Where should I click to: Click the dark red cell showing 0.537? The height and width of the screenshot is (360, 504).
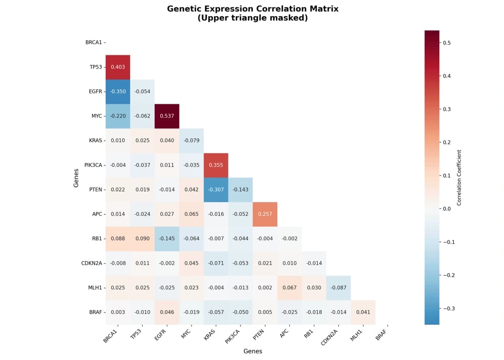tap(167, 116)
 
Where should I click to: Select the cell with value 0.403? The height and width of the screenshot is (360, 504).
tap(118, 67)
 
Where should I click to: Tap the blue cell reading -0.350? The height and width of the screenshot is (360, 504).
tap(118, 92)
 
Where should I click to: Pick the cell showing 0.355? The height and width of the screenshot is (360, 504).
tap(216, 165)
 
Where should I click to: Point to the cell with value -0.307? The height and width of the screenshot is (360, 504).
tap(216, 190)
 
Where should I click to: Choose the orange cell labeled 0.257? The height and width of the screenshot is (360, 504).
tap(265, 214)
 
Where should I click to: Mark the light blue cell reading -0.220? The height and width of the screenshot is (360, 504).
tap(118, 116)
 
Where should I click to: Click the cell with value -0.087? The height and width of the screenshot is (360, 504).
tap(338, 287)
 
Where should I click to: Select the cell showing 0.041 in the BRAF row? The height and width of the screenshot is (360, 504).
tap(363, 312)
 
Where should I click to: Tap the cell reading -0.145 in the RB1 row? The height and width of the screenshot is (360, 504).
tap(167, 238)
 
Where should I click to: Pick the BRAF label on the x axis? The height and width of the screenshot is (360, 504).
tap(382, 333)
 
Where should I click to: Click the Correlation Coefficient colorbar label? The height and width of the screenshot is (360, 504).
tap(459, 177)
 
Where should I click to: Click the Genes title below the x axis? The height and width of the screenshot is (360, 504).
tap(253, 351)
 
